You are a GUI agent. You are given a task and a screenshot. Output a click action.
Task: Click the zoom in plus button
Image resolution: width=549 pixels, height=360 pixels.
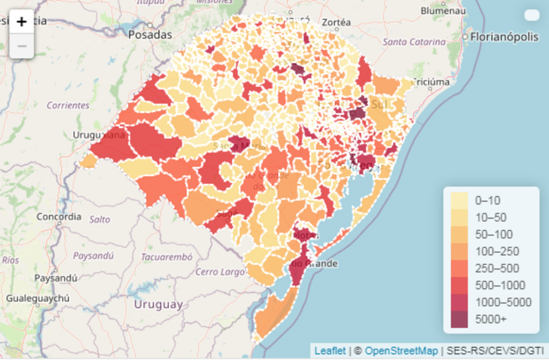click(x=22, y=22)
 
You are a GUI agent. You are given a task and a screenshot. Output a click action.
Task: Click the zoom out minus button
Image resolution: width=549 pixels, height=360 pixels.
click(x=22, y=46)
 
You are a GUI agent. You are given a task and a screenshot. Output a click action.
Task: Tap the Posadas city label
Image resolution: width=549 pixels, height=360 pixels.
click(x=150, y=35)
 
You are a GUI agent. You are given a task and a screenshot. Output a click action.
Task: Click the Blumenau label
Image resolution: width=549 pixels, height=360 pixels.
click(x=440, y=10)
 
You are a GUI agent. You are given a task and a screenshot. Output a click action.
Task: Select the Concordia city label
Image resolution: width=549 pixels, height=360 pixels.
click(x=59, y=217)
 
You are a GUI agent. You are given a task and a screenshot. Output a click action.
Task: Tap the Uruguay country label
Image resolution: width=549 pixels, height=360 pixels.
click(x=158, y=305)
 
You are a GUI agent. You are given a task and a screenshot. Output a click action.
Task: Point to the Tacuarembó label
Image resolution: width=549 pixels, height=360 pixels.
click(x=166, y=257)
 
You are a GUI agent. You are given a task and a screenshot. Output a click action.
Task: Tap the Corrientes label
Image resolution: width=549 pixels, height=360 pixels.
click(x=68, y=106)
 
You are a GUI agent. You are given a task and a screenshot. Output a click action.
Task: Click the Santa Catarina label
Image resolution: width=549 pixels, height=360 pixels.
click(x=414, y=42)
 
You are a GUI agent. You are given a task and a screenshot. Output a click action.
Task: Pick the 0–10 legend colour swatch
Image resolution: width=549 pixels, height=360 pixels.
click(x=459, y=200)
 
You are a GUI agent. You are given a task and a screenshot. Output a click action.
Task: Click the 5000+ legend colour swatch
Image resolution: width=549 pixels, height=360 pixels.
click(x=459, y=319)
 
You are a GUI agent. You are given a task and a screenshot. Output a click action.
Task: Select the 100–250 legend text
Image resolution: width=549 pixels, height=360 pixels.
click(x=494, y=251)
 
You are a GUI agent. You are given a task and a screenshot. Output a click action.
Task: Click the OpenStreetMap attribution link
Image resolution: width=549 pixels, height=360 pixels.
click(x=401, y=351)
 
